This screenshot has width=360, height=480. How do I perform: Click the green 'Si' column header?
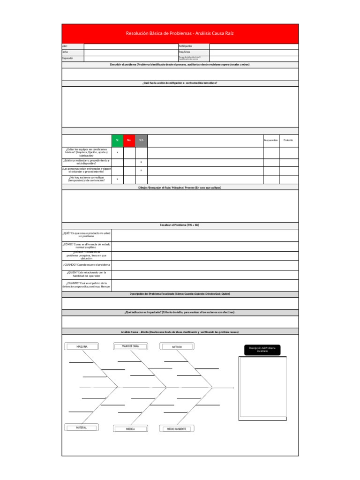[117, 140]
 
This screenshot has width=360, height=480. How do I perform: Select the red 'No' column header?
[129, 140]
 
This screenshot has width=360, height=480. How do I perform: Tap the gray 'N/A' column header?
[141, 140]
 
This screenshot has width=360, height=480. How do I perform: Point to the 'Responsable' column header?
[271, 140]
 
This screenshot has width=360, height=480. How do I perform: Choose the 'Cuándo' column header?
[288, 140]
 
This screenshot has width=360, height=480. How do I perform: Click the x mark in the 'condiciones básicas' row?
[117, 152]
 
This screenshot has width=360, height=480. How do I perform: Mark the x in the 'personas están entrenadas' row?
[141, 170]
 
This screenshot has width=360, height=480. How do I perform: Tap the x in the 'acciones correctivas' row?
[117, 179]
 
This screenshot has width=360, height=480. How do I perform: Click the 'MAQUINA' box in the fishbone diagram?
[82, 346]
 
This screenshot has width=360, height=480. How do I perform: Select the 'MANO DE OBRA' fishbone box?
[130, 346]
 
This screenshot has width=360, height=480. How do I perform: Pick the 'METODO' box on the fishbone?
[177, 346]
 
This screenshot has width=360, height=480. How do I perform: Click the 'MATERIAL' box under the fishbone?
[82, 427]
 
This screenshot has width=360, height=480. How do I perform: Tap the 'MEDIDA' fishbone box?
[130, 428]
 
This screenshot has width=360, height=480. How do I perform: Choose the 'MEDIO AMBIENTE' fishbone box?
[177, 428]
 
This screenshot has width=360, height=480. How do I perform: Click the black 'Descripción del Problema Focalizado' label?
[262, 350]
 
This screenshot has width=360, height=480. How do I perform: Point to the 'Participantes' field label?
[186, 46]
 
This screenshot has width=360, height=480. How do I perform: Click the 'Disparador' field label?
[67, 59]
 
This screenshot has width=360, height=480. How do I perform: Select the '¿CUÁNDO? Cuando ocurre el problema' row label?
[86, 265]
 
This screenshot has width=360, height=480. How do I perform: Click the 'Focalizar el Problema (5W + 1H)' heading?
[180, 225]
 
